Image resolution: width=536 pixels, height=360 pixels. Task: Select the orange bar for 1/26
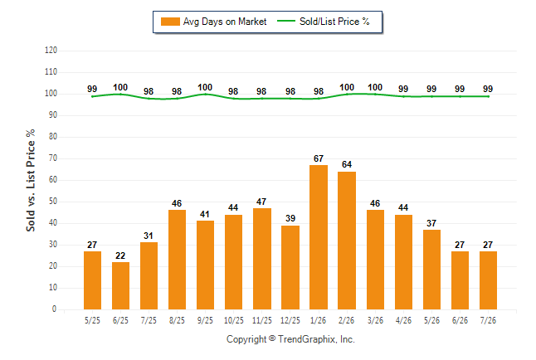319,237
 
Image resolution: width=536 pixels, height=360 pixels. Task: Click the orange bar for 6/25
120,286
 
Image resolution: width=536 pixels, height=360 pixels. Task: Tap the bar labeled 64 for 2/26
347,241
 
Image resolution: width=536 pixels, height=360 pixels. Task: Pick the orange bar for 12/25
290,267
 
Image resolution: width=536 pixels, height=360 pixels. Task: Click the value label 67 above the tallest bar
319,158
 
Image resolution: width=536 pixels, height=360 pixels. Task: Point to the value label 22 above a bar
120,255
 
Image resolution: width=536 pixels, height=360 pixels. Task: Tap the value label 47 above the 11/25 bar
261,202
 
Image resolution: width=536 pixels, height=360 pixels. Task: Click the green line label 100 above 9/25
205,88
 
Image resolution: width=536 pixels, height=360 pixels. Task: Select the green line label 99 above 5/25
92,89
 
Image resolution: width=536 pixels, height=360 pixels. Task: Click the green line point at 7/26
488,96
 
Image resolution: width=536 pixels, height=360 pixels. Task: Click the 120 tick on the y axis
51,51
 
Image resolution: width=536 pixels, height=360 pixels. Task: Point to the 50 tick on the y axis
53,202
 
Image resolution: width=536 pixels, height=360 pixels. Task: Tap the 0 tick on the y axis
55,309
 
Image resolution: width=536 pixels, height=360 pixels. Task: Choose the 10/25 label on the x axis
234,320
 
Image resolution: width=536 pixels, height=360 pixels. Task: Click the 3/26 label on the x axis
375,320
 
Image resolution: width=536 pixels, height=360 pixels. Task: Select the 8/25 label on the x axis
177,320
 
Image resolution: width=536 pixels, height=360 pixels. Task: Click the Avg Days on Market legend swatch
170,22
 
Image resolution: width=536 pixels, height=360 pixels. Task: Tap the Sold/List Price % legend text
334,22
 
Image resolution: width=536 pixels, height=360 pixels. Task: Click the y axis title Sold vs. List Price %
31,180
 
